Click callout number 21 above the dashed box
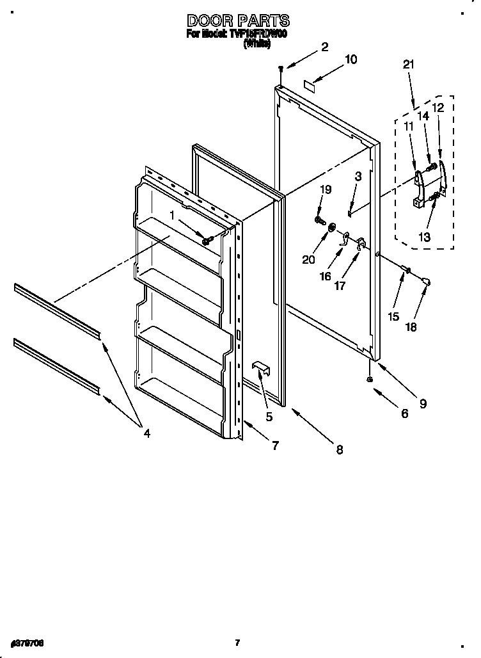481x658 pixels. pyautogui.click(x=409, y=64)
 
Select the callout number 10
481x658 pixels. pyautogui.click(x=351, y=60)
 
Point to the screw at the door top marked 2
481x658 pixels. pyautogui.click(x=280, y=68)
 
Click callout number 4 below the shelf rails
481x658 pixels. pyautogui.click(x=146, y=433)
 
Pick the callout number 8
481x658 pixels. pyautogui.click(x=339, y=450)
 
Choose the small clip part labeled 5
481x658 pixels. pyautogui.click(x=260, y=367)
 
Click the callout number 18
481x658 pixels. pyautogui.click(x=411, y=326)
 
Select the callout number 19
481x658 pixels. pyautogui.click(x=326, y=189)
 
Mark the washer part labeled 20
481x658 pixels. pyautogui.click(x=332, y=228)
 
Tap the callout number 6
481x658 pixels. pyautogui.click(x=404, y=414)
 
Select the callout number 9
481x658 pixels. pyautogui.click(x=423, y=404)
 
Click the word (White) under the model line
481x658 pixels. pyautogui.click(x=253, y=44)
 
